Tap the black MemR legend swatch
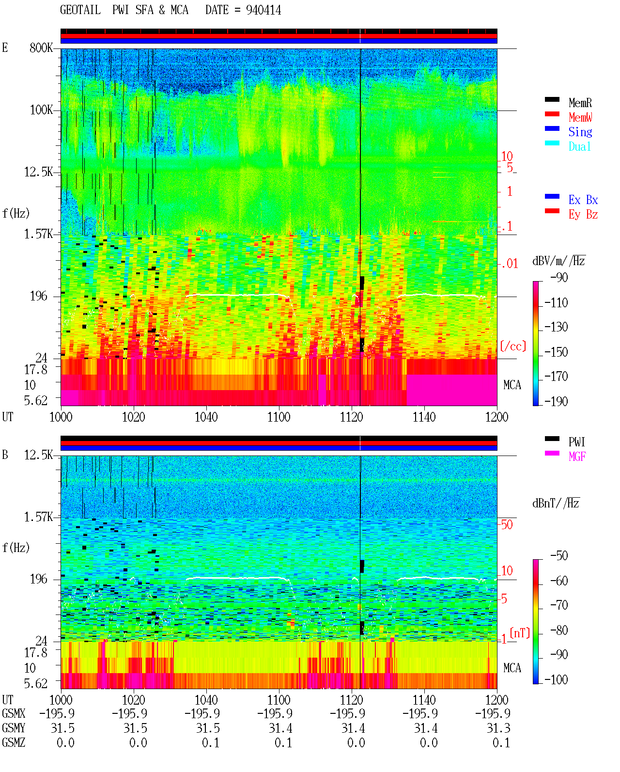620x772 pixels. [552, 99]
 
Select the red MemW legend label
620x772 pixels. [580, 117]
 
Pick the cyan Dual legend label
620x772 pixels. [579, 146]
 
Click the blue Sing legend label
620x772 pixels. [580, 132]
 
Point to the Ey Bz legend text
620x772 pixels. [583, 214]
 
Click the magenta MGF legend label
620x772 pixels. [577, 457]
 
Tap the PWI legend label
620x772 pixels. [576, 441]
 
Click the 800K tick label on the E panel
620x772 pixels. [41, 47]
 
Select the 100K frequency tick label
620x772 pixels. [41, 110]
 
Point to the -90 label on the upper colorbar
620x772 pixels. [559, 277]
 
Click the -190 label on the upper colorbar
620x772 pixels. [556, 401]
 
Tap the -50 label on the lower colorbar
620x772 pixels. [559, 555]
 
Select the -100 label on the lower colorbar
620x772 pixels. [556, 679]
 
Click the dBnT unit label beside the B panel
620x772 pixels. [556, 503]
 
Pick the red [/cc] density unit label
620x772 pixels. [513, 346]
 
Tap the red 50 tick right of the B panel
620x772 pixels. [507, 524]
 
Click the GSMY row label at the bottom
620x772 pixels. [14, 728]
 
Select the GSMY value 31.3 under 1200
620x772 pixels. [498, 728]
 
